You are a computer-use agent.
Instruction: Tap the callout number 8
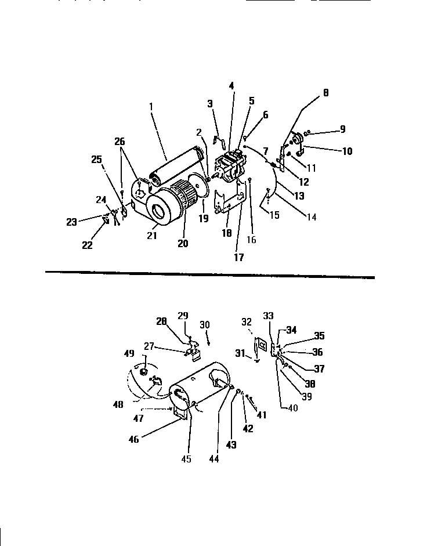pyautogui.click(x=325, y=92)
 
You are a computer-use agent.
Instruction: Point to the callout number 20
pyautogui.click(x=183, y=244)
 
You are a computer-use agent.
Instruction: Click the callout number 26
pyautogui.click(x=119, y=141)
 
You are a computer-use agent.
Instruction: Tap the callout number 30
pyautogui.click(x=205, y=324)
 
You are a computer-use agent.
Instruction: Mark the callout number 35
pyautogui.click(x=320, y=335)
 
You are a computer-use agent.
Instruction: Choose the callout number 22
pyautogui.click(x=86, y=245)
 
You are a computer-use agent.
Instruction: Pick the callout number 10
pyautogui.click(x=347, y=151)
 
